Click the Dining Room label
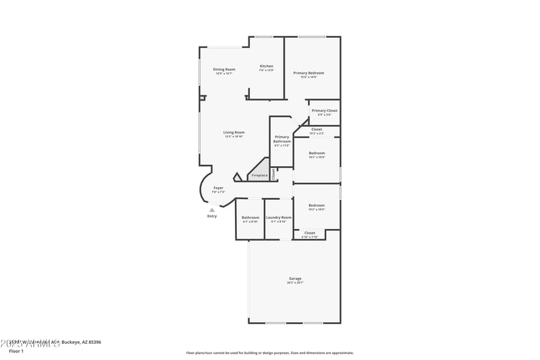pyautogui.click(x=224, y=69)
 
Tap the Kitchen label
pyautogui.click(x=267, y=66)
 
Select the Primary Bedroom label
pyautogui.click(x=308, y=72)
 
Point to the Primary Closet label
pyautogui.click(x=325, y=110)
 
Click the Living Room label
pyautogui.click(x=234, y=132)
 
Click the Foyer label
pyautogui.click(x=219, y=188)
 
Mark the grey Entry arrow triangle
pyautogui.click(x=212, y=210)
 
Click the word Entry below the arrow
pyautogui.click(x=212, y=216)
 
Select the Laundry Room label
pyautogui.click(x=278, y=217)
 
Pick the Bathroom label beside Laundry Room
pyautogui.click(x=250, y=217)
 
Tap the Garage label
pyautogui.click(x=295, y=278)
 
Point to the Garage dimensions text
pyautogui.click(x=295, y=283)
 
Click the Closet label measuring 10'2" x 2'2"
pyautogui.click(x=317, y=129)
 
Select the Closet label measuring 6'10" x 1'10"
pyautogui.click(x=310, y=233)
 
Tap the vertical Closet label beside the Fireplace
pyautogui.click(x=273, y=174)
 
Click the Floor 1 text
pyautogui.click(x=16, y=351)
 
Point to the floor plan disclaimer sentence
pyautogui.click(x=270, y=353)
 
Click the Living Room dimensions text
pyautogui.click(x=234, y=137)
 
